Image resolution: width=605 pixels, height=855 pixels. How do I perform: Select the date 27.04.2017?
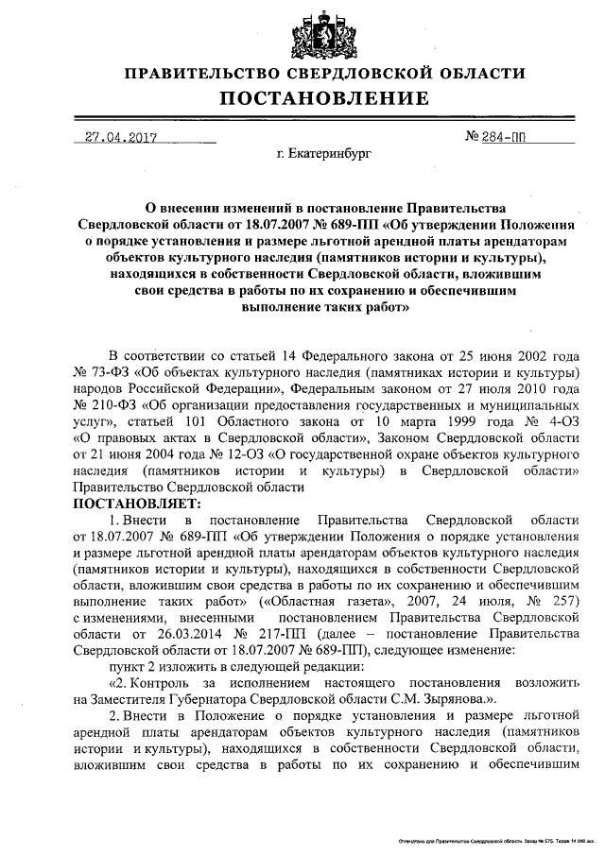tap(120, 138)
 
